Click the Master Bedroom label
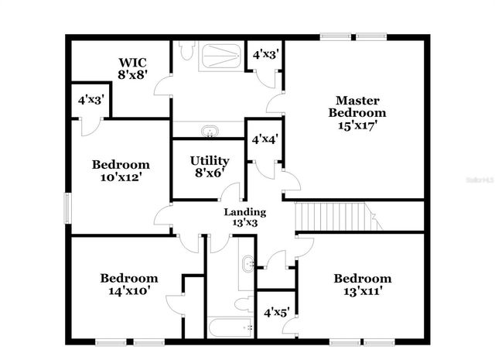point(357,106)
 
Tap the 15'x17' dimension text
point(357,125)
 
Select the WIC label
point(132,62)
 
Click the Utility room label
point(209,161)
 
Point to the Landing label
point(244,211)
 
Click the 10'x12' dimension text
point(120,177)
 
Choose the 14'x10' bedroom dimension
point(128,291)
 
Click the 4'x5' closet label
point(277,314)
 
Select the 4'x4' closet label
point(265,139)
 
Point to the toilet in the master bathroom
point(186,53)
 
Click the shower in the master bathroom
point(220,56)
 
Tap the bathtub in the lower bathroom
point(231,327)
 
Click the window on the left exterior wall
point(67,207)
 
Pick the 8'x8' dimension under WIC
point(132,75)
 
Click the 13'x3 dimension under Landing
point(244,223)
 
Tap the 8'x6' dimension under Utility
point(209,173)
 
